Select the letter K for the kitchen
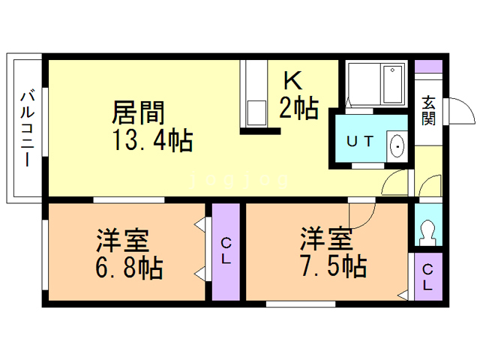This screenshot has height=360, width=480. pos(292,80)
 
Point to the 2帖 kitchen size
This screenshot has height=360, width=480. pos(298,109)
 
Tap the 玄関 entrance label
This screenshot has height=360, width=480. pos(428,110)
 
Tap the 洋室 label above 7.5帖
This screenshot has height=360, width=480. pos(327,240)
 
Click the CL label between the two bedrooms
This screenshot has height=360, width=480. pos(226,250)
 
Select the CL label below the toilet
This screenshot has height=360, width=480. pos(427,277)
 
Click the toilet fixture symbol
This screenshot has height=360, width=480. pos(427,232)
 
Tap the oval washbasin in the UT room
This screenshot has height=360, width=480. pos(397,145)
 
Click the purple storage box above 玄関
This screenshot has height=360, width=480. pos(428,65)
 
